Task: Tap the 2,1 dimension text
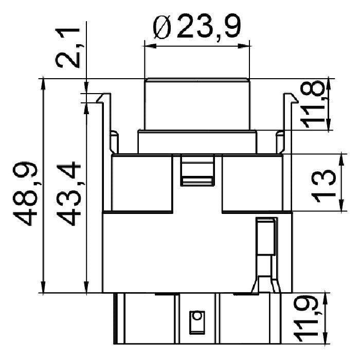pos(68,48)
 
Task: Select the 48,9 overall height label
pos(25,194)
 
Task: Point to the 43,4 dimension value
pos(68,194)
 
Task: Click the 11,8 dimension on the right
pos(313,104)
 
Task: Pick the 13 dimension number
pos(323,186)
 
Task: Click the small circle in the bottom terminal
pos(196,316)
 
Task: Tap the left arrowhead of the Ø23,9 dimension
pos(150,46)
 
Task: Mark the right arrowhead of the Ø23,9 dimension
pos(244,46)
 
